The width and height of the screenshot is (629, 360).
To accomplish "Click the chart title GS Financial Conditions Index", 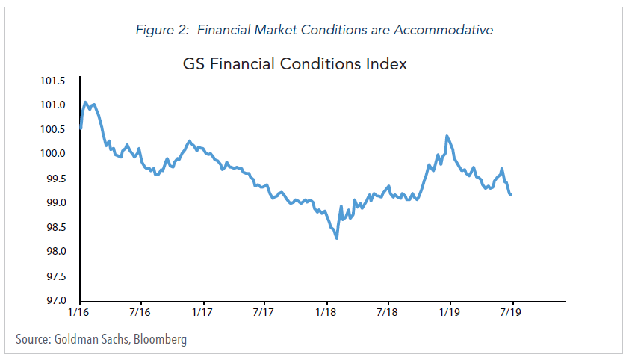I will pos(295,63).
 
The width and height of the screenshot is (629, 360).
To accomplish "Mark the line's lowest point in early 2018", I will pos(337,238).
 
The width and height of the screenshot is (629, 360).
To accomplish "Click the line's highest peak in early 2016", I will pos(85,102).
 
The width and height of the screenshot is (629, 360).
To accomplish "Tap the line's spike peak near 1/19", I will pos(447,136).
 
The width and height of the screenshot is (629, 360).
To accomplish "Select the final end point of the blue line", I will pos(510,194).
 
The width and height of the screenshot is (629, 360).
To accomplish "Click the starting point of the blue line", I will pos(79,128).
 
